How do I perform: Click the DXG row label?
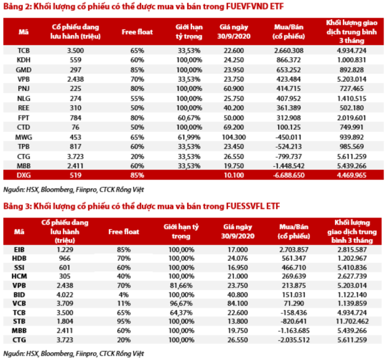click(23, 175)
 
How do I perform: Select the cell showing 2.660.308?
click(289, 50)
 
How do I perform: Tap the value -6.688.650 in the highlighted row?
click(289, 175)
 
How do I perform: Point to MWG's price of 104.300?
click(234, 137)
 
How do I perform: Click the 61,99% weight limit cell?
click(189, 137)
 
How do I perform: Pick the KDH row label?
click(23, 60)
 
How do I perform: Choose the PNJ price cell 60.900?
click(234, 88)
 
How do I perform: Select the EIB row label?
click(19, 249)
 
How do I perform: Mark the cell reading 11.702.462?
click(352, 322)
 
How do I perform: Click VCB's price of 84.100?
click(238, 304)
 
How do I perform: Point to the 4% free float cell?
click(124, 294)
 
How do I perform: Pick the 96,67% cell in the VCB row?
click(181, 304)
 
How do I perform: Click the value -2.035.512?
click(294, 340)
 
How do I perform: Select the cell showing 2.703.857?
click(294, 249)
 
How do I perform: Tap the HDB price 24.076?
click(238, 258)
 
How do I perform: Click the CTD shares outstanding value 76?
click(75, 127)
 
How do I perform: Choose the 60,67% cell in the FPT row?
click(189, 118)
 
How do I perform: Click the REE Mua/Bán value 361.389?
click(289, 108)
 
